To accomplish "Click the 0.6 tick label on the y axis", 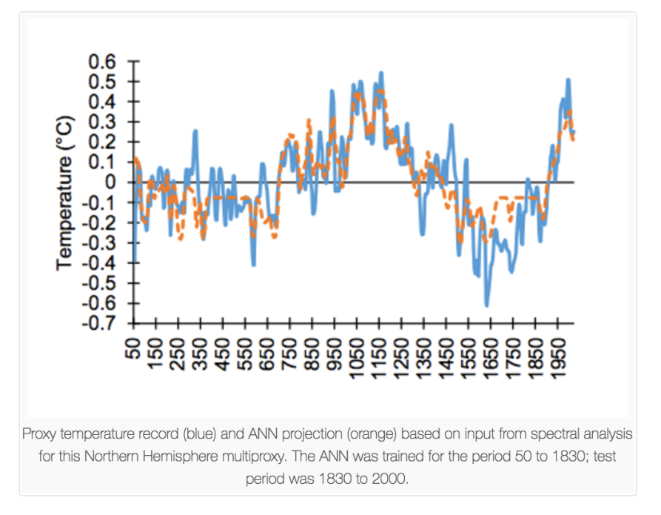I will pos(103,62).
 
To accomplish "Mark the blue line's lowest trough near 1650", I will pos(486,305).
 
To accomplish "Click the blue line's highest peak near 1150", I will pos(380,73).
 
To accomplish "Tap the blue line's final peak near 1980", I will pos(568,79).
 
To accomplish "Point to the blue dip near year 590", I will pos(253,265).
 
